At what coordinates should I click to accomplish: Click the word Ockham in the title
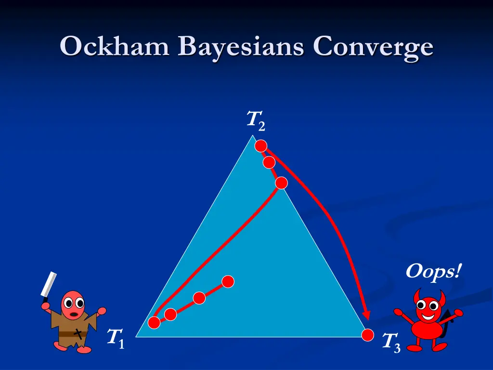pyautogui.click(x=115, y=47)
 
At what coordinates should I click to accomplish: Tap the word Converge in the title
pyautogui.click(x=373, y=48)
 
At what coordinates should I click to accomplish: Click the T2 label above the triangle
pyautogui.click(x=255, y=120)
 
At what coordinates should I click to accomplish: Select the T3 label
pyautogui.click(x=390, y=343)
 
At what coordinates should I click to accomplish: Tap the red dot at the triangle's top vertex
pyautogui.click(x=261, y=145)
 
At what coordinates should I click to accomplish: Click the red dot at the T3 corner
pyautogui.click(x=368, y=335)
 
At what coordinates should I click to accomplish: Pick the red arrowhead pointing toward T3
pyautogui.click(x=366, y=315)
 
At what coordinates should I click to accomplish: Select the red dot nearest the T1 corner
pyautogui.click(x=154, y=322)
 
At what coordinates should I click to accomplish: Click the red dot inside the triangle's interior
pyautogui.click(x=228, y=281)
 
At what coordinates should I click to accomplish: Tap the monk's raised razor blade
pyautogui.click(x=49, y=285)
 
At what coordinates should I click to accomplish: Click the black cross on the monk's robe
pyautogui.click(x=78, y=332)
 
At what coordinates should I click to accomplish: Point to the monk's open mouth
pyautogui.click(x=73, y=314)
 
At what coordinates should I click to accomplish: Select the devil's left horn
pyautogui.click(x=416, y=293)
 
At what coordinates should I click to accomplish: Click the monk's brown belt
pyautogui.click(x=72, y=333)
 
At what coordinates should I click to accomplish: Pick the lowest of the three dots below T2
pyautogui.click(x=281, y=183)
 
